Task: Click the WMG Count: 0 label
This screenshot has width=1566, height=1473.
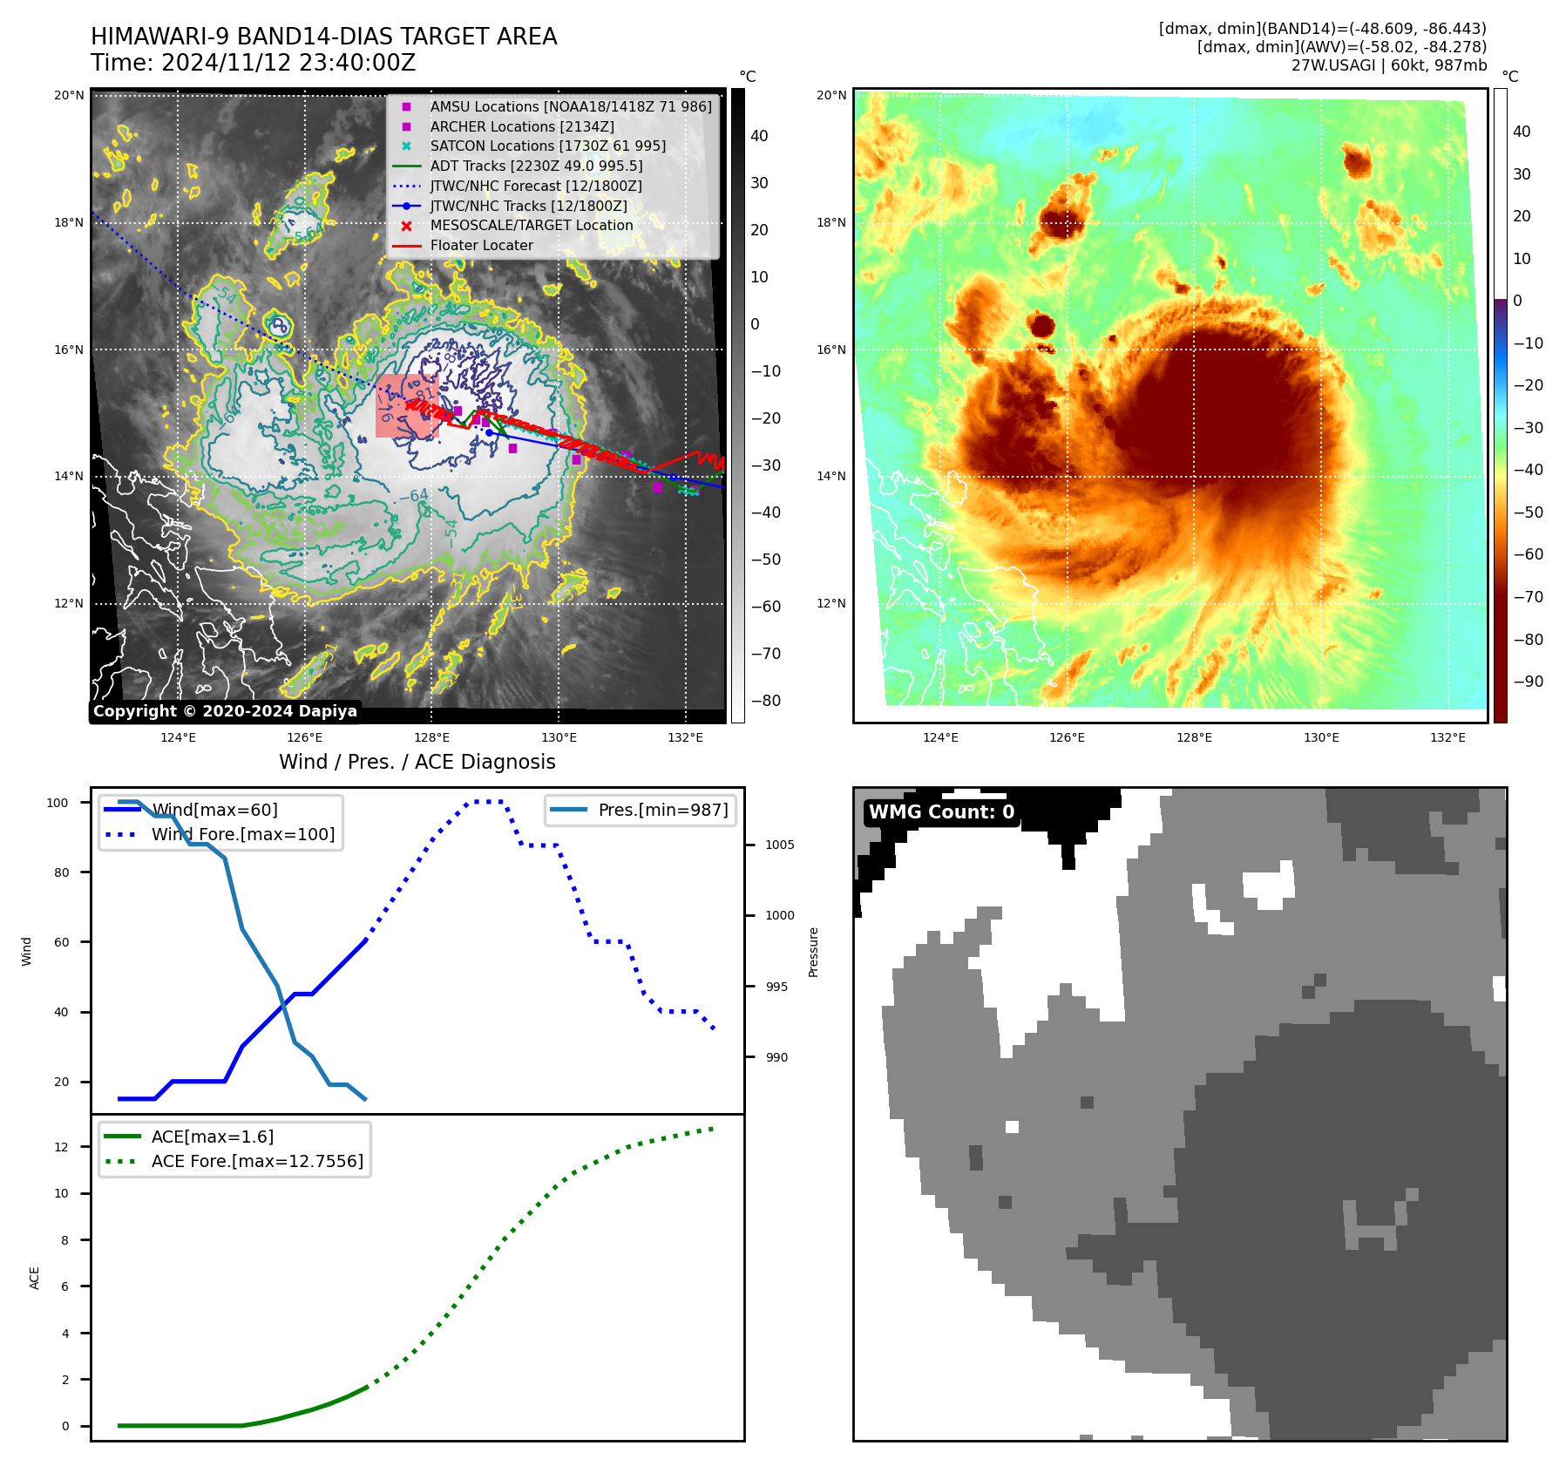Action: tap(941, 812)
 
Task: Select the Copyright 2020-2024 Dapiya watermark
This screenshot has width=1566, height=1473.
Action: tap(225, 711)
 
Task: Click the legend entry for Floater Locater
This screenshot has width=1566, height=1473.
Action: tap(481, 246)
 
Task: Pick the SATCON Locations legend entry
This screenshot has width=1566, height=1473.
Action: tap(547, 146)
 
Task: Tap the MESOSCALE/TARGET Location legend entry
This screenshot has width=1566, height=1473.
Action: tap(531, 226)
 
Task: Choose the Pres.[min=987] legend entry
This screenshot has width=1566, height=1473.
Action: tap(662, 811)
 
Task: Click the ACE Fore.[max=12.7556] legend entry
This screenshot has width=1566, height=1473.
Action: tap(257, 1162)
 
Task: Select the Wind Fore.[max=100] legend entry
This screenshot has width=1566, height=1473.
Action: tap(242, 835)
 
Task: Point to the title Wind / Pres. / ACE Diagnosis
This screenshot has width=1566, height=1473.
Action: tap(417, 763)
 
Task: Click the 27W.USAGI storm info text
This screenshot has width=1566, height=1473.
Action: tap(1388, 65)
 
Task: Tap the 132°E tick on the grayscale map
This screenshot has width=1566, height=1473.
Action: tap(685, 738)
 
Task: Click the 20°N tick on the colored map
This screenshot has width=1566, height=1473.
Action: tap(830, 96)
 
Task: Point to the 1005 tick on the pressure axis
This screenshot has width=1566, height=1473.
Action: tap(779, 845)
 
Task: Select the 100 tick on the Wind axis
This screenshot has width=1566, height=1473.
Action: tap(58, 803)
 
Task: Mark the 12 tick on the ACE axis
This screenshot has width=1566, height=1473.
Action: tap(61, 1147)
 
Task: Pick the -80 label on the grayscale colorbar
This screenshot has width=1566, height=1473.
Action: tap(766, 701)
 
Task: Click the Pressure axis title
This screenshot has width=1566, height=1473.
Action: tap(813, 952)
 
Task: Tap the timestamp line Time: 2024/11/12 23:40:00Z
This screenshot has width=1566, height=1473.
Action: tap(253, 64)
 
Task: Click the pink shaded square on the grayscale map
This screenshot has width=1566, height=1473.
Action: tap(406, 406)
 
